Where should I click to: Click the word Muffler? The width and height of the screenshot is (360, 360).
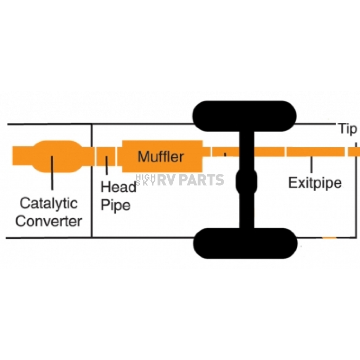click(x=160, y=156)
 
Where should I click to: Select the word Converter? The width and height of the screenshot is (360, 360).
click(x=49, y=221)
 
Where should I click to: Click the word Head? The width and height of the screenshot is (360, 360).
click(x=118, y=187)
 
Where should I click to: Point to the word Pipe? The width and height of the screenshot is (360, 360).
click(x=115, y=205)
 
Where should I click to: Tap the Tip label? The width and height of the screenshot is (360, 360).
click(x=347, y=129)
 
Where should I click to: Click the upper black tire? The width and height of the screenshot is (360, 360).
click(x=244, y=116)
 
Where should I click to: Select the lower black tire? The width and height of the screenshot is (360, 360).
click(x=245, y=243)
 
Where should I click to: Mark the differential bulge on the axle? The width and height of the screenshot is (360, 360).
click(x=246, y=182)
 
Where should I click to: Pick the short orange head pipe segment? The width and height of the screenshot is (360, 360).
click(x=105, y=156)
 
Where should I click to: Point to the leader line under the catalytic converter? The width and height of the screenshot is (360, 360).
click(x=52, y=173)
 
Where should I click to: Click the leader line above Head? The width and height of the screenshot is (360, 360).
click(x=107, y=165)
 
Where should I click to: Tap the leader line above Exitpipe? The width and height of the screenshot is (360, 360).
click(x=311, y=165)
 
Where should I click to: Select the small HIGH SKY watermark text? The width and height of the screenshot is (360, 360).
click(x=146, y=180)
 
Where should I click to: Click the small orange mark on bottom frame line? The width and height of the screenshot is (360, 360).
click(x=329, y=238)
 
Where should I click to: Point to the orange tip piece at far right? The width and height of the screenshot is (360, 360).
click(x=354, y=152)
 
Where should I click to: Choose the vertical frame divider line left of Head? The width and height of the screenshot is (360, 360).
click(x=92, y=180)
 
